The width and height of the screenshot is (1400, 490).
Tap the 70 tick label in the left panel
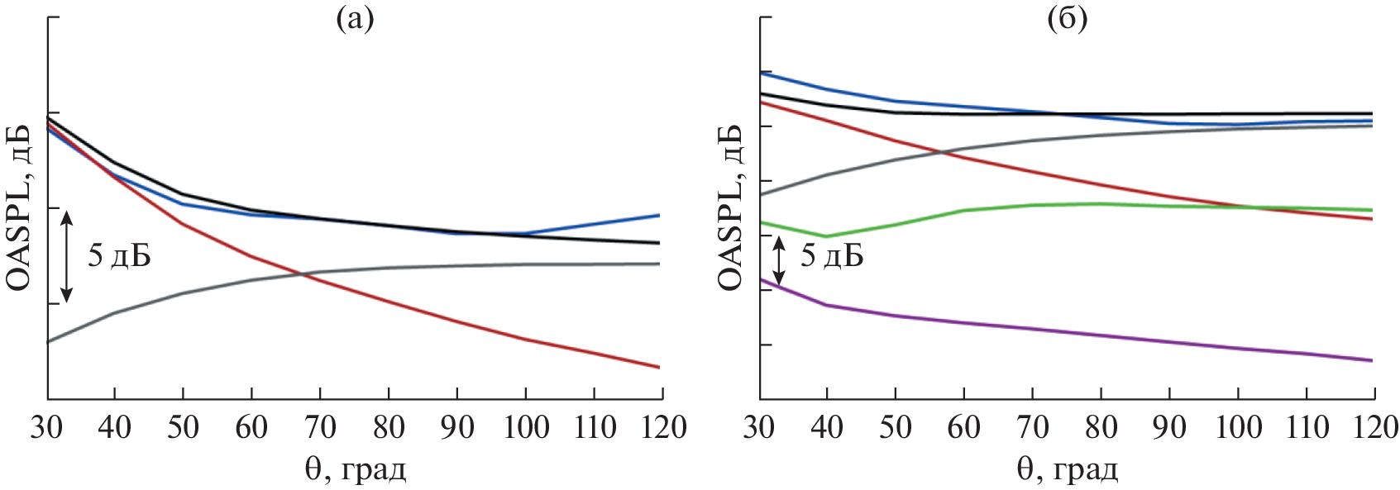(x=320, y=427)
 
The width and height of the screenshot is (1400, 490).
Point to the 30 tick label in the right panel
(x=760, y=427)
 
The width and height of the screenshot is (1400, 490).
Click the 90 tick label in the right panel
(x=1168, y=427)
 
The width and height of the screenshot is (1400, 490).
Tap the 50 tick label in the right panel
(x=896, y=427)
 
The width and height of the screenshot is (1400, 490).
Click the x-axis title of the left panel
(x=356, y=470)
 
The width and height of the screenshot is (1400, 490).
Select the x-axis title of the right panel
(x=1068, y=470)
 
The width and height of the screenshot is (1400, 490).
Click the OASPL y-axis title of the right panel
(x=730, y=207)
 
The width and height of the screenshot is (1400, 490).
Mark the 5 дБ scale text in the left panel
(x=120, y=257)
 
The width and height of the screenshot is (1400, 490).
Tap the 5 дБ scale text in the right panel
(x=832, y=257)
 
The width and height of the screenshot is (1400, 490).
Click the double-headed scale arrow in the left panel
(x=68, y=255)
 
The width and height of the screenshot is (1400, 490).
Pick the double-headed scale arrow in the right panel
(x=778, y=259)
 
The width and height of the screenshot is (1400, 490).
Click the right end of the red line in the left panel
(x=658, y=366)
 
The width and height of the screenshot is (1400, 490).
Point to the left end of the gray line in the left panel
(x=50, y=340)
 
